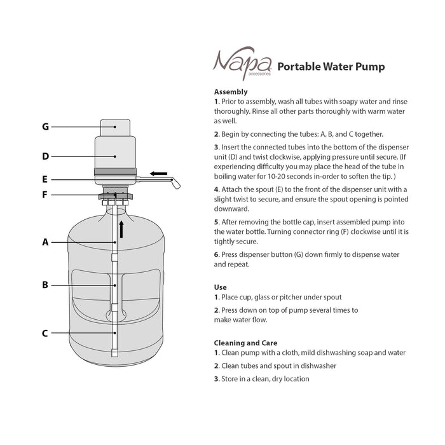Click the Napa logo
click(x=242, y=64)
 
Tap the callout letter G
click(x=45, y=127)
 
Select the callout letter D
click(x=45, y=156)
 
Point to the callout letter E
click(x=45, y=179)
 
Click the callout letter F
click(x=45, y=195)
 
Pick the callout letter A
click(x=45, y=242)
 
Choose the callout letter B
click(x=45, y=285)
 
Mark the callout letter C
click(x=45, y=332)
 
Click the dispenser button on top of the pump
click(x=115, y=126)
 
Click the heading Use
click(x=220, y=287)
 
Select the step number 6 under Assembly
click(x=216, y=254)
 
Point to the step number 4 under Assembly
click(x=216, y=189)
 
